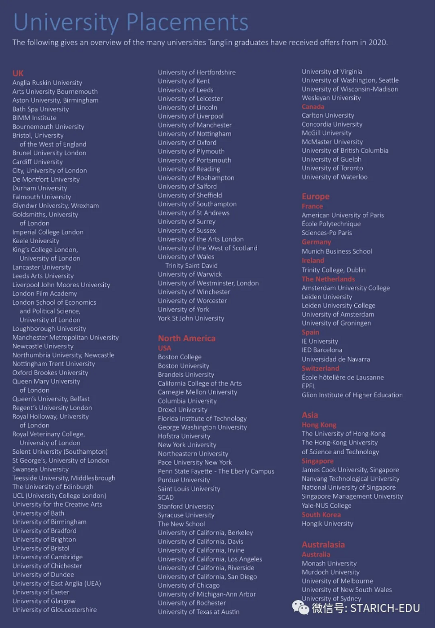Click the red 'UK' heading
click(x=18, y=73)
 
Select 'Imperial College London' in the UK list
click(x=48, y=232)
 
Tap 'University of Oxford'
click(x=187, y=143)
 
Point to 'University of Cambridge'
click(x=48, y=557)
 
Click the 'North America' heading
click(x=187, y=338)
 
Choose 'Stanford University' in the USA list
click(x=186, y=506)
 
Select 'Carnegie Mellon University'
click(x=198, y=392)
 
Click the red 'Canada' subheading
click(x=313, y=107)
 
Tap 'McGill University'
click(x=326, y=133)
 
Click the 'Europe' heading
click(x=316, y=197)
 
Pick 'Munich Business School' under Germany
click(x=337, y=251)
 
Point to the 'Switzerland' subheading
click(x=321, y=369)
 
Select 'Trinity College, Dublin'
click(x=334, y=270)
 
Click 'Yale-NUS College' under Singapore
click(x=326, y=505)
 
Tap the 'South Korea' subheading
click(x=321, y=515)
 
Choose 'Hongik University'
click(x=327, y=524)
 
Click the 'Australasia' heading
click(x=323, y=545)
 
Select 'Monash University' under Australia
click(x=329, y=564)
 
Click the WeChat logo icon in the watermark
click(x=300, y=608)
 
